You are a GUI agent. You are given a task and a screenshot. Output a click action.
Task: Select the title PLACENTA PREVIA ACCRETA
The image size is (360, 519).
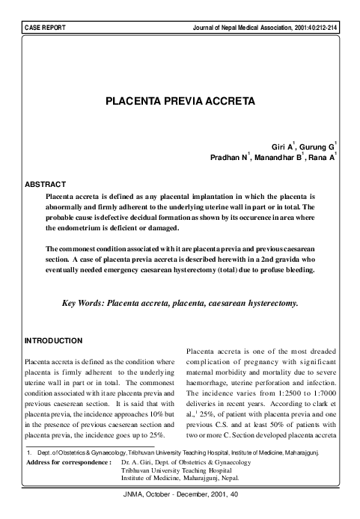point(180,99)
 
